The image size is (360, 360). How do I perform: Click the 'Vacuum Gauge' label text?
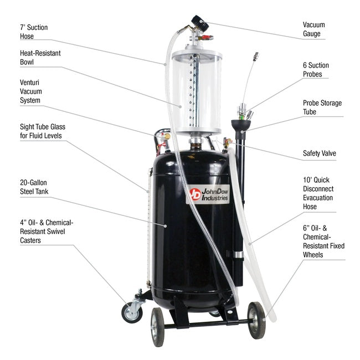tap(314, 29)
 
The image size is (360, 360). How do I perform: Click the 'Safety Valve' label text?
tap(319, 153)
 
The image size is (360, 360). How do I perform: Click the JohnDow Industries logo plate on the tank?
tap(208, 194)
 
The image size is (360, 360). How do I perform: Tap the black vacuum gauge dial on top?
tap(196, 24)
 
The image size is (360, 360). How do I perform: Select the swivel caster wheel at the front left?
tap(132, 313)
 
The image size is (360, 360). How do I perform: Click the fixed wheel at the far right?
tap(256, 320)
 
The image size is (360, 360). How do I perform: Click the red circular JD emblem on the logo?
tap(194, 194)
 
